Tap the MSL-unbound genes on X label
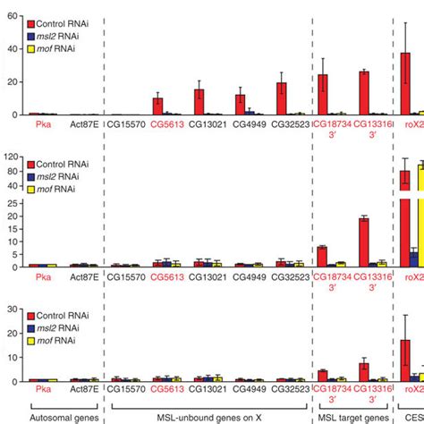tap(209, 416)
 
